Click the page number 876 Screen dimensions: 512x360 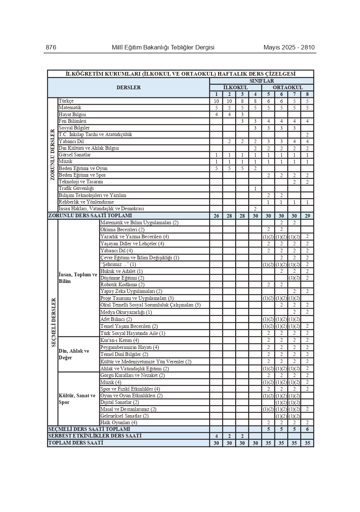[x=51, y=47]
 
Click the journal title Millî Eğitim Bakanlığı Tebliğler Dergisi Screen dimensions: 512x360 [x=163, y=47]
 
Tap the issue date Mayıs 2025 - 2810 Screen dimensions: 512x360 [x=289, y=47]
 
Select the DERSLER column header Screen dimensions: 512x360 [x=128, y=87]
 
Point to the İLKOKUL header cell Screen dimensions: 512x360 [x=236, y=87]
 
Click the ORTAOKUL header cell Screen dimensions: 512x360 [x=288, y=87]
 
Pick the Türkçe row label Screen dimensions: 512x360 [x=66, y=101]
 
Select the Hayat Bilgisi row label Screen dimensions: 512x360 [x=72, y=114]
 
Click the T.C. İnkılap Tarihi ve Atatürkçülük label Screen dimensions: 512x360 [x=95, y=135]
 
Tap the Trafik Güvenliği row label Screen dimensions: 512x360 [x=76, y=188]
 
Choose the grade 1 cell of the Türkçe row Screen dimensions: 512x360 [x=216, y=101]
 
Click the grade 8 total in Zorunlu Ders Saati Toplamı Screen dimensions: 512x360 [x=307, y=216]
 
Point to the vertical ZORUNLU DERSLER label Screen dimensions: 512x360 [x=52, y=155]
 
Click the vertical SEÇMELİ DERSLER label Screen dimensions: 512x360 [x=53, y=322]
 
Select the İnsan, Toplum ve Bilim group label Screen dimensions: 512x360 [x=78, y=278]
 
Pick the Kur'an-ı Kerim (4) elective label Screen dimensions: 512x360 [x=120, y=340]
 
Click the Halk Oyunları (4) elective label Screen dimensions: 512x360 [x=119, y=422]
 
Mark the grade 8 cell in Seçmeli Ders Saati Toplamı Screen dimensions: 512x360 [x=307, y=429]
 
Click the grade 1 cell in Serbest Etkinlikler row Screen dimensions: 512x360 [x=216, y=436]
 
